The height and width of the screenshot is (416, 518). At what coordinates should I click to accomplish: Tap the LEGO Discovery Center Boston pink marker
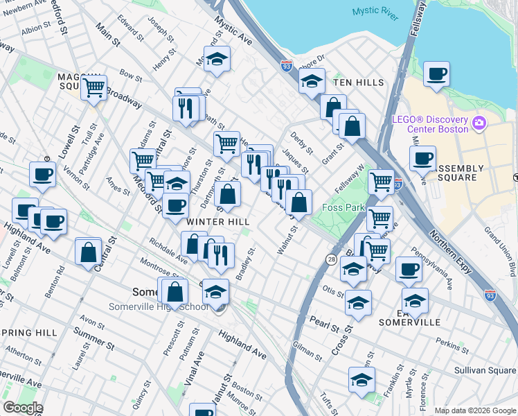pos(478,124)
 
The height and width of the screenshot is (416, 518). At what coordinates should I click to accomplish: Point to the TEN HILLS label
pos(358,83)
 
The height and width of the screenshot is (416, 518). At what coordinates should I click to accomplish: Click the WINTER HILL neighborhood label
pos(217,221)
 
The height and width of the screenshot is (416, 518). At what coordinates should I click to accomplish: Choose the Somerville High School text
pos(158,307)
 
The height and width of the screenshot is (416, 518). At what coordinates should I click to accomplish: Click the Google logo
pos(23,408)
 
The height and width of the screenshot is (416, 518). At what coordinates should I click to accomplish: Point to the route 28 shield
pos(332,259)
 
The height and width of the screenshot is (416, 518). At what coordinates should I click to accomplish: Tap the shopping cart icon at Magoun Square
pos(93,87)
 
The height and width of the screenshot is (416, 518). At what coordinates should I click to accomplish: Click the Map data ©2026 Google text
pos(474,410)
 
